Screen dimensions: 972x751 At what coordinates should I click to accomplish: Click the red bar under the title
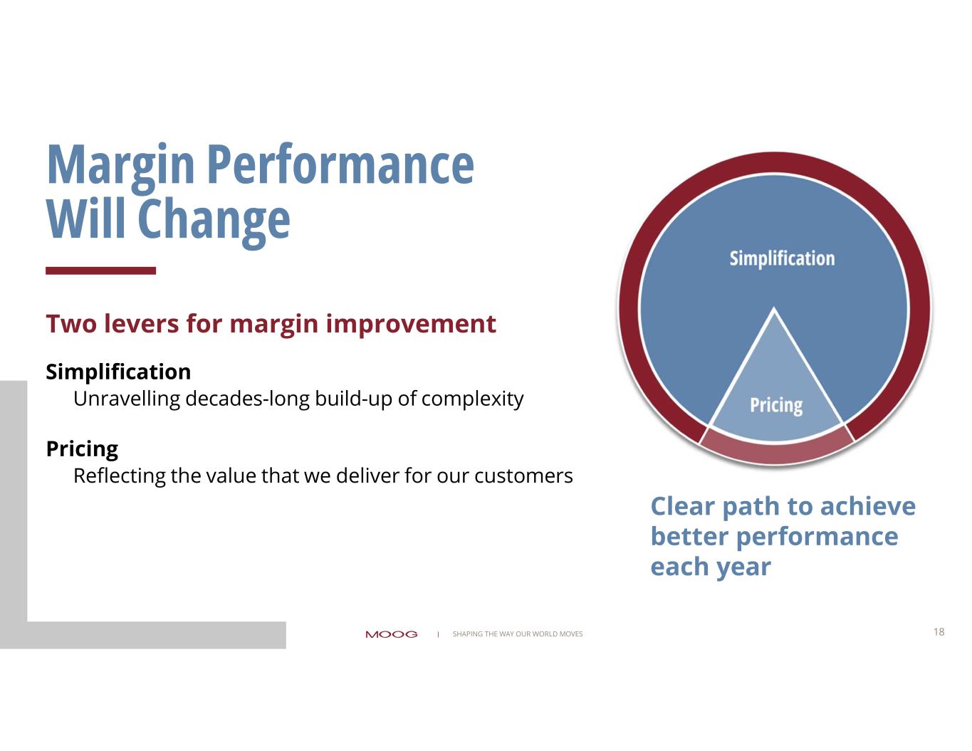click(x=100, y=271)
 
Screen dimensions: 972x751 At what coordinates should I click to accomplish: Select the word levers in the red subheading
click(x=141, y=323)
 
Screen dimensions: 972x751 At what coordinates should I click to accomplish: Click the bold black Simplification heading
click(x=118, y=372)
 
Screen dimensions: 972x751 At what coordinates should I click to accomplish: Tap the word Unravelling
click(x=127, y=399)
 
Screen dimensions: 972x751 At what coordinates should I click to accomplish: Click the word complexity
click(x=472, y=399)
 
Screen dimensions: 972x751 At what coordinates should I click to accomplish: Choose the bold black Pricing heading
click(x=83, y=449)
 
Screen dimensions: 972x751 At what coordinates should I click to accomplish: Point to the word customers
click(x=523, y=476)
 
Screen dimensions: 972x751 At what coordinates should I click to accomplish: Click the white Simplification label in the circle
click(x=782, y=259)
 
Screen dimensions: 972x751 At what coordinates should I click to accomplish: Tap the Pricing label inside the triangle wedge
click(x=776, y=406)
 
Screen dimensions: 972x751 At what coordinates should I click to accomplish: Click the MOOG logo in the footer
click(x=392, y=634)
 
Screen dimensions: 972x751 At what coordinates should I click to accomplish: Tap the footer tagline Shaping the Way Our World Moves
click(x=518, y=634)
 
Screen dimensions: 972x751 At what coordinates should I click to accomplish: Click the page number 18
click(x=939, y=631)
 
